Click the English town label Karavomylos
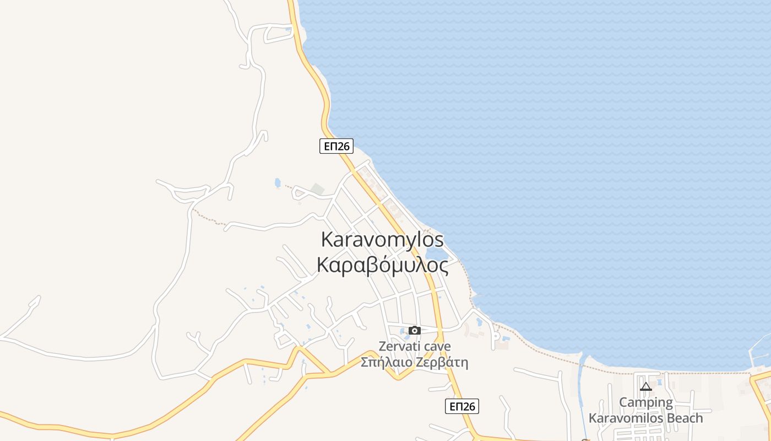(x=382, y=240)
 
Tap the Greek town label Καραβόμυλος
(x=382, y=265)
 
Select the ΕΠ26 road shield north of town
(x=336, y=146)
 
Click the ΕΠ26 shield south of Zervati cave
(x=461, y=406)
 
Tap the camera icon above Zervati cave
(x=415, y=331)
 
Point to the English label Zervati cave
(x=414, y=346)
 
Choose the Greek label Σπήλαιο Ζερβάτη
(x=414, y=362)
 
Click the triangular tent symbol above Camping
(x=645, y=387)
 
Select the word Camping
(x=645, y=402)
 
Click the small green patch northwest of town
(x=317, y=189)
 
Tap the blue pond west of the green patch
(x=277, y=182)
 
